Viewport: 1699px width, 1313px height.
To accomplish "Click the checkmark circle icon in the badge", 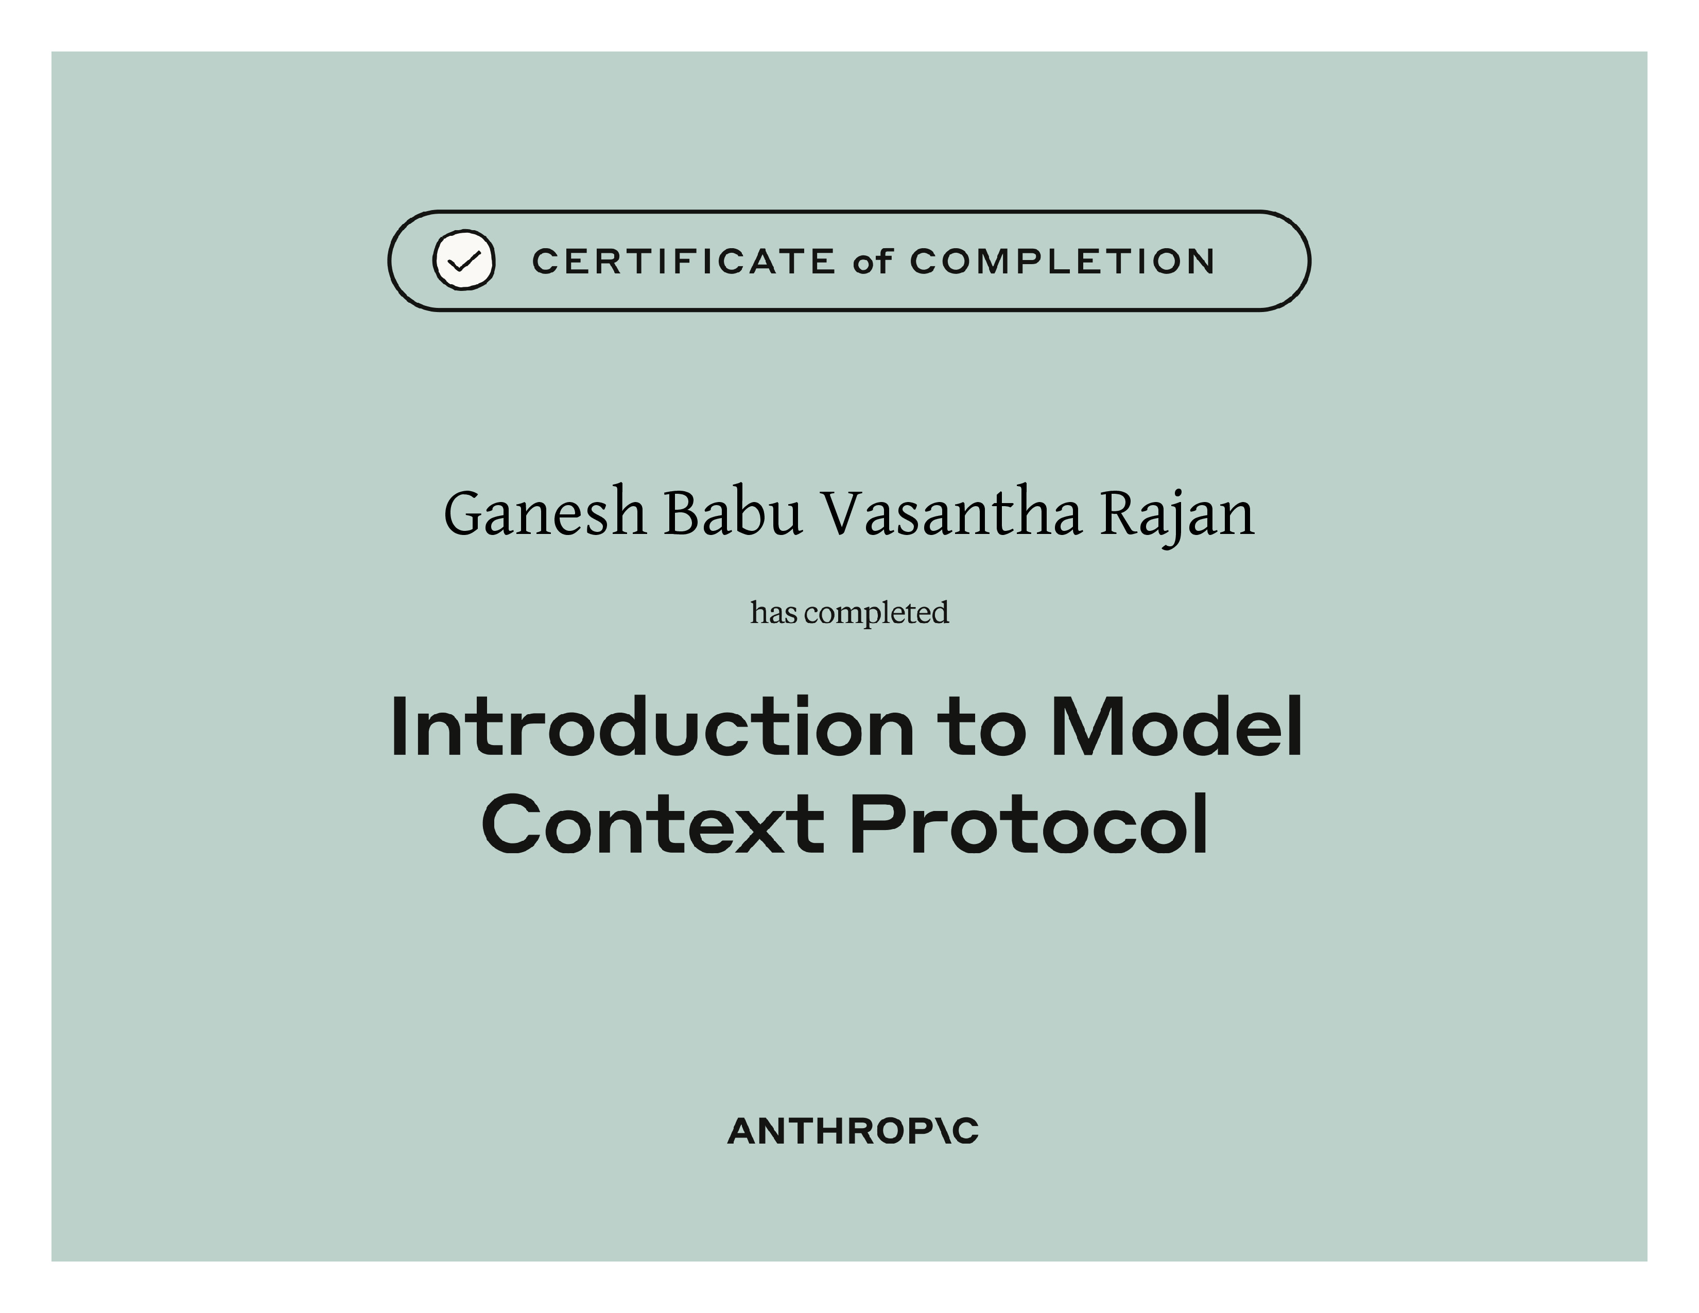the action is point(464,261).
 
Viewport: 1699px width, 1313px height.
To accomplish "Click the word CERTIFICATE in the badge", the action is point(684,262).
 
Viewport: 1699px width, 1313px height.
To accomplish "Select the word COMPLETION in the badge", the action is point(1062,262).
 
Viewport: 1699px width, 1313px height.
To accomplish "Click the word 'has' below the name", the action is point(774,613).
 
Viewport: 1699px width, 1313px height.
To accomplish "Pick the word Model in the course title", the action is point(1176,727).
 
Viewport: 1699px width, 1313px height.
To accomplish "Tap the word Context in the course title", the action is point(653,824).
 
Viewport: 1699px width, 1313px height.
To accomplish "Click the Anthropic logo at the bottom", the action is point(853,1132).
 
